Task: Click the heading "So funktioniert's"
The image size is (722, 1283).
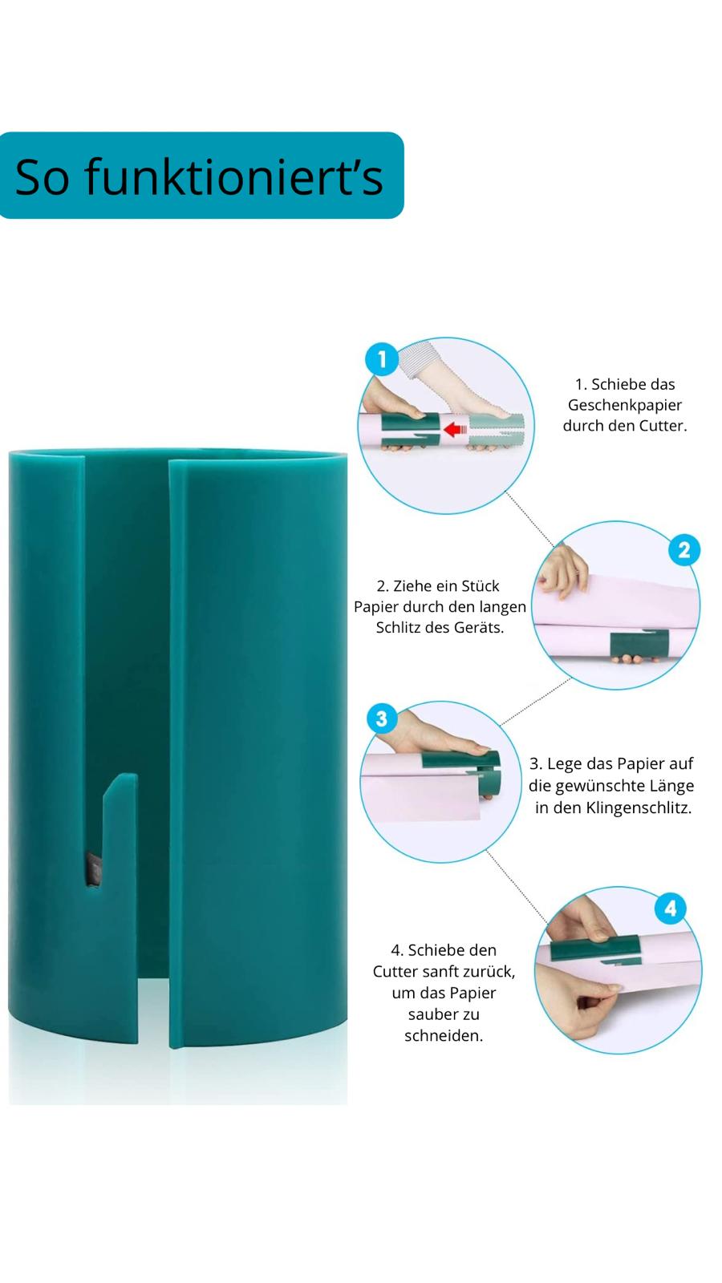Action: (199, 176)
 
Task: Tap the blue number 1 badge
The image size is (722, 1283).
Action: (382, 359)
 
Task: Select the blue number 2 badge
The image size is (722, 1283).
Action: (683, 550)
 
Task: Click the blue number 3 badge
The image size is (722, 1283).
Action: (382, 718)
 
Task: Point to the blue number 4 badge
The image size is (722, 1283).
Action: (671, 909)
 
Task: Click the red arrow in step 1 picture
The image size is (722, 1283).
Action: (456, 428)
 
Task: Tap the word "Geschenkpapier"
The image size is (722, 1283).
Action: (625, 405)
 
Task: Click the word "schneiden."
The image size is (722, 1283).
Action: (444, 1035)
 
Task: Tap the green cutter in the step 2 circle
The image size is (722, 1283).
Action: (639, 645)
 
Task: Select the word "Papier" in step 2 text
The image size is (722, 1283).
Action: (376, 606)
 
